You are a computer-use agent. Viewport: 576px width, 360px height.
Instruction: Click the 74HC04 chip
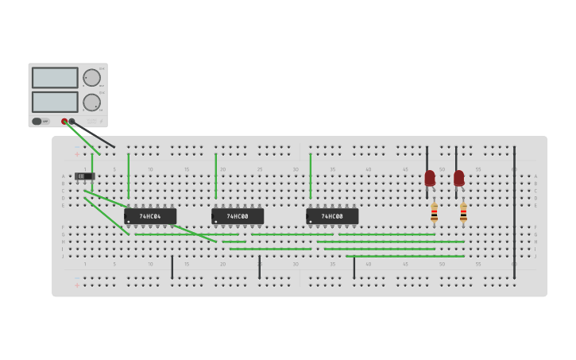pos(150,216)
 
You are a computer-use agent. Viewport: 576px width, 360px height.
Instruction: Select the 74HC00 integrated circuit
pos(238,216)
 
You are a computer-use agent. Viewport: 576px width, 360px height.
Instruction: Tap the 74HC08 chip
pos(332,216)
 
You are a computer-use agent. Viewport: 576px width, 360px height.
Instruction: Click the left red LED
pos(430,177)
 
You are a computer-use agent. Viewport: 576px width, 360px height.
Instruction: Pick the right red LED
pos(459,177)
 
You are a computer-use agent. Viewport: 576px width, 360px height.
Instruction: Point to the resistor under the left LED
pos(434,212)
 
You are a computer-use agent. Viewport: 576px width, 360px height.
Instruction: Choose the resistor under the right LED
pos(463,212)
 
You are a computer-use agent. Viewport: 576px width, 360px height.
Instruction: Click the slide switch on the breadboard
pos(83,176)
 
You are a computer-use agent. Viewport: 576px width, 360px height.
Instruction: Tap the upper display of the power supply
pos(55,78)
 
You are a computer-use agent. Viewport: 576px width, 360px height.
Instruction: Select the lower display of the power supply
pos(55,102)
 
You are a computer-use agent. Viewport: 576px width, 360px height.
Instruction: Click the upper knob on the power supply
pos(92,78)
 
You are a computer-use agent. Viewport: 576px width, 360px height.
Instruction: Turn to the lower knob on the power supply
pos(92,103)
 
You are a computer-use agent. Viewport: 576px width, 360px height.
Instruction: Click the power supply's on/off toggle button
pos(37,122)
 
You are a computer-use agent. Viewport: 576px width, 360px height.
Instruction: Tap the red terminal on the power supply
pos(64,122)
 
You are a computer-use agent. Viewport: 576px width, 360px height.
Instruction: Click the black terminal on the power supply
pos(72,122)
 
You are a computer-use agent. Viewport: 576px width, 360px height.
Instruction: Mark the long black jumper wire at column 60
pos(514,211)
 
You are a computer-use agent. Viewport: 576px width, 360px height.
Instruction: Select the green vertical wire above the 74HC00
pos(215,175)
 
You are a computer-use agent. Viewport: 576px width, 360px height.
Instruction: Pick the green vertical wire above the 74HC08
pos(310,175)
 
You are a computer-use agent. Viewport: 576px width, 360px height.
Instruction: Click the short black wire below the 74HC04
pos(172,267)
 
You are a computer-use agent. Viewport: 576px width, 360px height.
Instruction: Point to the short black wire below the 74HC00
pos(259,267)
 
